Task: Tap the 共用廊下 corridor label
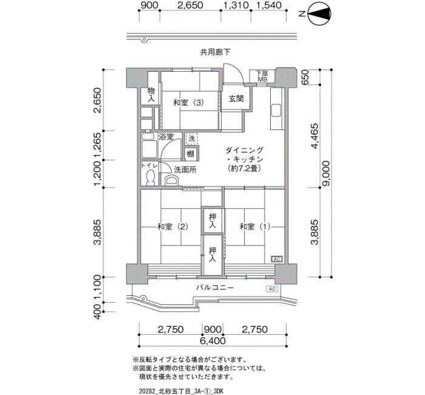click(216, 52)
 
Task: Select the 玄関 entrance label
click(236, 98)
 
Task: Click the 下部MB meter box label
click(262, 76)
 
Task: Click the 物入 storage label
click(151, 95)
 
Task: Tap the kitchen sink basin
click(276, 110)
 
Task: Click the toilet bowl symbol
click(150, 177)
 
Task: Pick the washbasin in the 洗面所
click(172, 180)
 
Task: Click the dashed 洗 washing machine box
click(192, 139)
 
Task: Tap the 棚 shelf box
click(191, 154)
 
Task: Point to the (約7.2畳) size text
click(244, 168)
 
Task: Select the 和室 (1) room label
click(255, 227)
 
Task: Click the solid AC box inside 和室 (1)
click(277, 259)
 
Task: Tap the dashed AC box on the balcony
click(273, 289)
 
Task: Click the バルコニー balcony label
click(215, 287)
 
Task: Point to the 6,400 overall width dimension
click(212, 341)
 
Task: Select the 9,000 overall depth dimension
click(326, 173)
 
